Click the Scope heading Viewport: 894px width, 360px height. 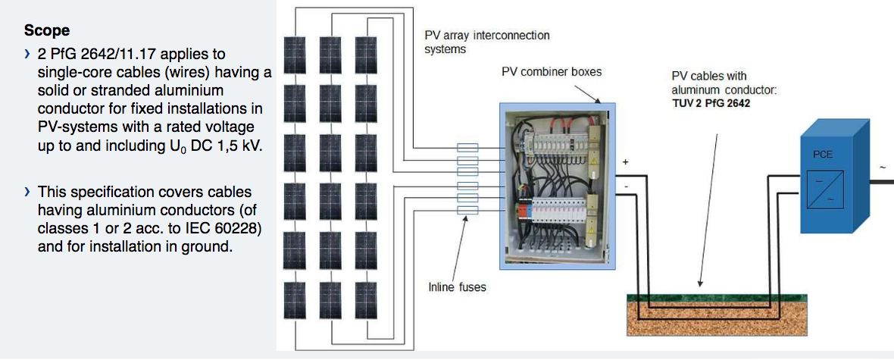pyautogui.click(x=47, y=30)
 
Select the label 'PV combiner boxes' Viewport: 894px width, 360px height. pyautogui.click(x=552, y=73)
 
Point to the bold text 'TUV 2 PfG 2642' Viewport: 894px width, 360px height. pyautogui.click(x=711, y=102)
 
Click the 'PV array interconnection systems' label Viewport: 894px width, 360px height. pyautogui.click(x=486, y=42)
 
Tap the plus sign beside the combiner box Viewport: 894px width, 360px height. pyautogui.click(x=626, y=161)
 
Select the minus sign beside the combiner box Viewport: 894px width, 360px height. pyautogui.click(x=626, y=186)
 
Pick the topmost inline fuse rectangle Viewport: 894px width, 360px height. pyautogui.click(x=468, y=149)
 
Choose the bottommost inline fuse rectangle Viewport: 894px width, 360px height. pyautogui.click(x=468, y=210)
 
